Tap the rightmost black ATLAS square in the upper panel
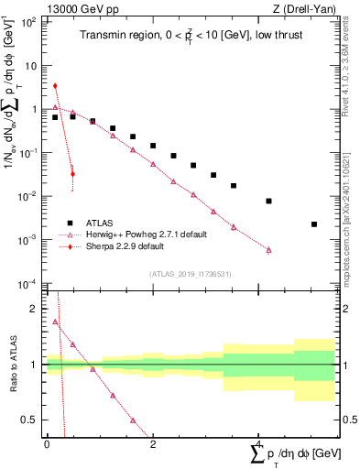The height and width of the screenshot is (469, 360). click(314, 224)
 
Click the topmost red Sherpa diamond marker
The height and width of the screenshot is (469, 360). click(55, 86)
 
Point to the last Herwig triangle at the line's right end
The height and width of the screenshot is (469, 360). click(269, 249)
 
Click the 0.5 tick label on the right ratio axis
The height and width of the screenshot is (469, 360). click(348, 420)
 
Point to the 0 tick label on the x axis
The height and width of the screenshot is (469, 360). click(46, 444)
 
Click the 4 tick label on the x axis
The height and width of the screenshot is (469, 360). click(259, 444)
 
